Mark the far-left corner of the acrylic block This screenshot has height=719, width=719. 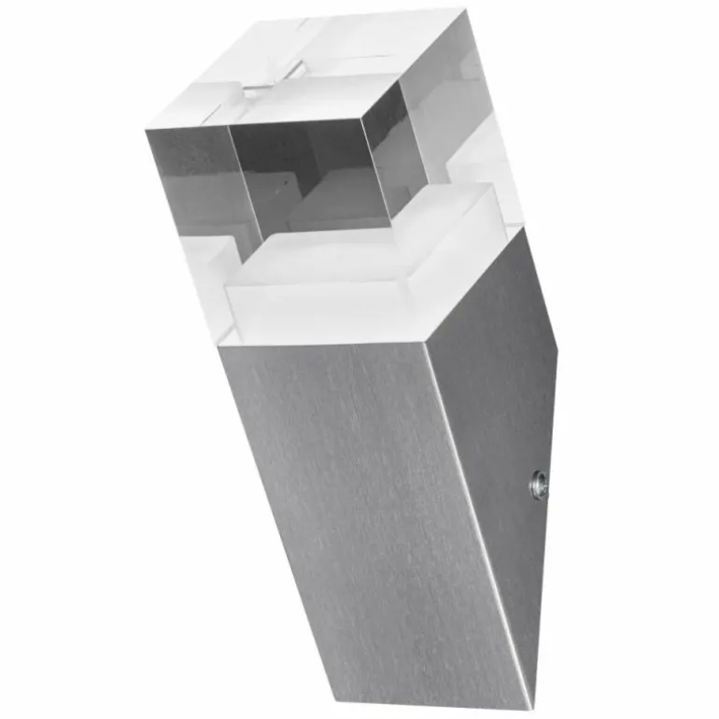(147, 128)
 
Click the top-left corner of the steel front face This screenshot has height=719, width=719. (221, 347)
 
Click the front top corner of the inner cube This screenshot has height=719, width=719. (362, 120)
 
